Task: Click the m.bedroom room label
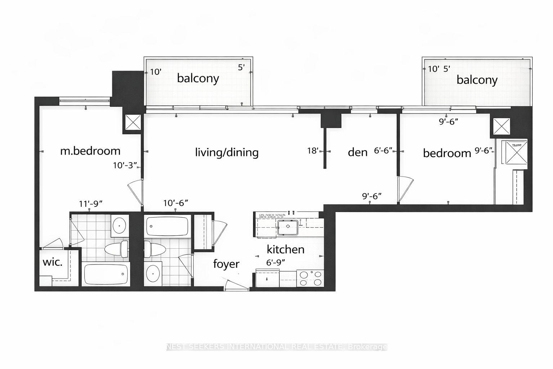[90, 151]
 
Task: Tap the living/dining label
[227, 152]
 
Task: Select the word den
[358, 152]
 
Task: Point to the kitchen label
[286, 249]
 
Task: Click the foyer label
[226, 264]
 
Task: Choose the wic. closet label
[53, 262]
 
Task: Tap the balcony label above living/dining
[198, 78]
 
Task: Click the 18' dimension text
[313, 151]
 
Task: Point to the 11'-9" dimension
[91, 204]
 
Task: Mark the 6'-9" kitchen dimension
[275, 263]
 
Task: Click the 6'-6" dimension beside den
[383, 151]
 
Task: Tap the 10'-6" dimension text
[176, 203]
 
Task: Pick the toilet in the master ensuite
[116, 249]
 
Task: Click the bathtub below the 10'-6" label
[167, 226]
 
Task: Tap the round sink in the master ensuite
[120, 226]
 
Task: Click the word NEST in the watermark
[176, 347]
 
